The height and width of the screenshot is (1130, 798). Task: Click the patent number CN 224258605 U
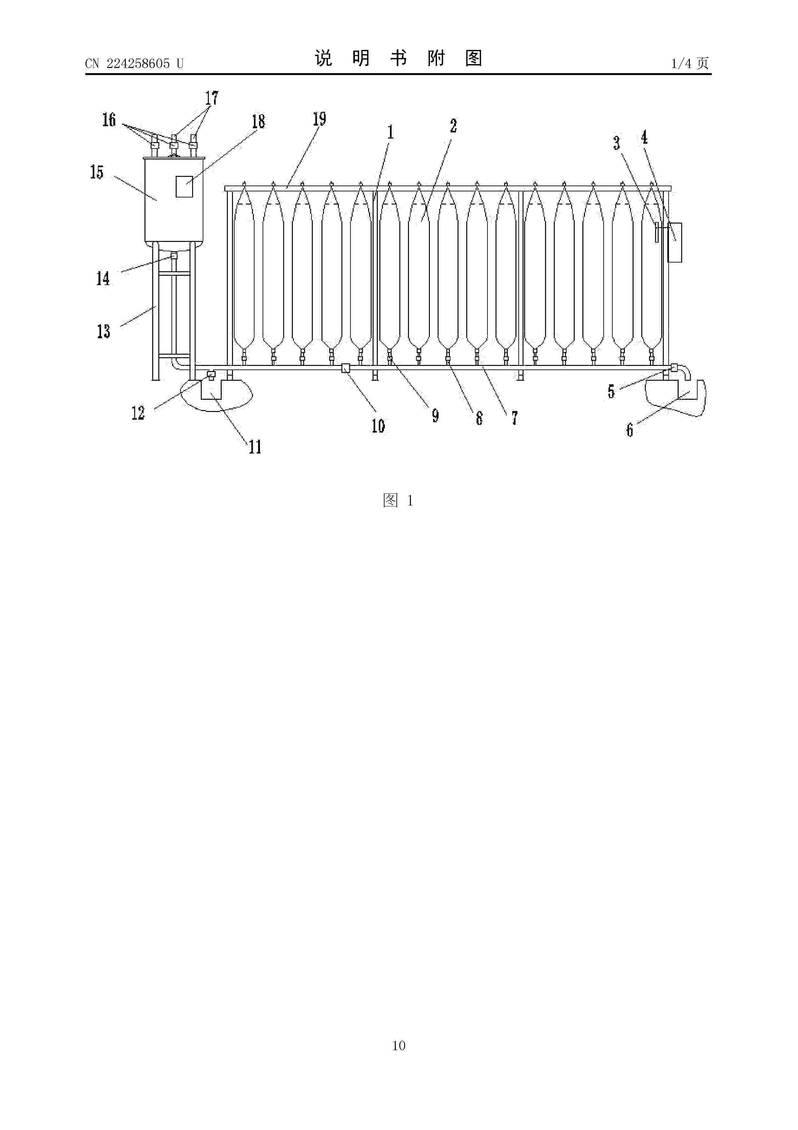[134, 63]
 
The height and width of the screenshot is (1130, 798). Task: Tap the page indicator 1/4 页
[690, 63]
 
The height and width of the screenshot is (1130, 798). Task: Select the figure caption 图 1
[398, 501]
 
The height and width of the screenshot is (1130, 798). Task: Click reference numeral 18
[258, 121]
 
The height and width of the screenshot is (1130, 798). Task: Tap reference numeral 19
[320, 119]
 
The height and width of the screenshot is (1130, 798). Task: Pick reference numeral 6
[629, 430]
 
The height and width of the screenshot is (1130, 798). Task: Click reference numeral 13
[103, 331]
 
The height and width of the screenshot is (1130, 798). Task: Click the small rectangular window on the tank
[184, 186]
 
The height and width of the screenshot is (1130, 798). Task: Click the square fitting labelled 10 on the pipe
[345, 368]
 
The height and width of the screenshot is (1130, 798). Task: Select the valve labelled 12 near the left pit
[211, 375]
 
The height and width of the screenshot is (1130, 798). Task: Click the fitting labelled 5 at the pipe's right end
[674, 367]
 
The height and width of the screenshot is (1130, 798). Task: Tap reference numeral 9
[435, 416]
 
